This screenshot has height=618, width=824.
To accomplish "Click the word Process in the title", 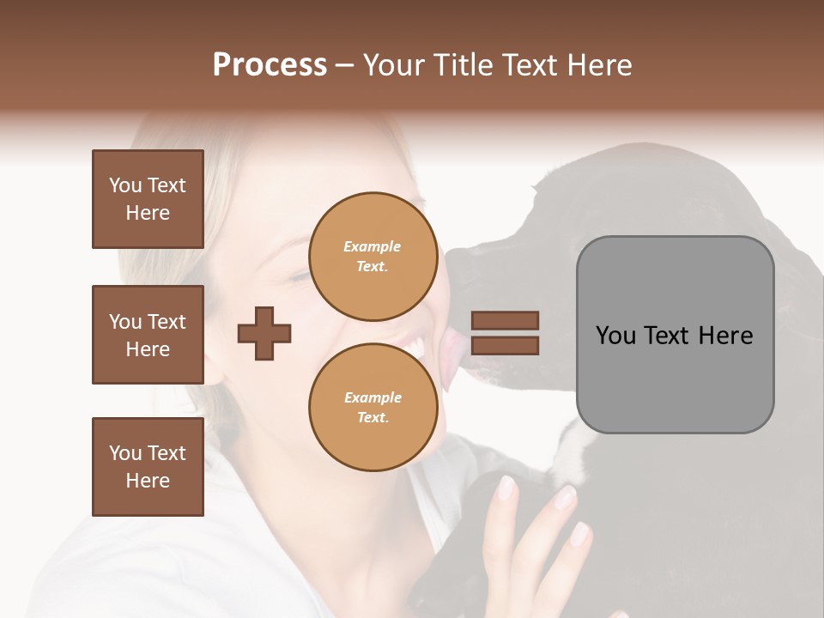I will [x=270, y=65].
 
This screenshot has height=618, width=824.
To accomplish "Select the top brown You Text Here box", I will [x=148, y=199].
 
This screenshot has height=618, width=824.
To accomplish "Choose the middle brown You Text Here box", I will [x=148, y=335].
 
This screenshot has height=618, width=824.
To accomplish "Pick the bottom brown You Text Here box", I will [x=148, y=467].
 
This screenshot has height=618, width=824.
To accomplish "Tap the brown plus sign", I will [x=264, y=332].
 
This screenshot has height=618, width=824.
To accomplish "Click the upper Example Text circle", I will [x=373, y=256].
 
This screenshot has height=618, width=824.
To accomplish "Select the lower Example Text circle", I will [x=373, y=407].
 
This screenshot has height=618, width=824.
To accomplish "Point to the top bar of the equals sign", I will [x=505, y=320].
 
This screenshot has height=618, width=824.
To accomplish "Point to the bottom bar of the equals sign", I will [x=505, y=345].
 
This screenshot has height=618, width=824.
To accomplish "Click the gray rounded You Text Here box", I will [x=675, y=335].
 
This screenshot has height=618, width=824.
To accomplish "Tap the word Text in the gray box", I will [x=667, y=336].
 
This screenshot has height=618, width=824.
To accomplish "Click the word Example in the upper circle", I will [x=372, y=246].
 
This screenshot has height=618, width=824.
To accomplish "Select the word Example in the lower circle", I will [x=373, y=397].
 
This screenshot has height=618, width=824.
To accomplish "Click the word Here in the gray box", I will [x=725, y=336].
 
